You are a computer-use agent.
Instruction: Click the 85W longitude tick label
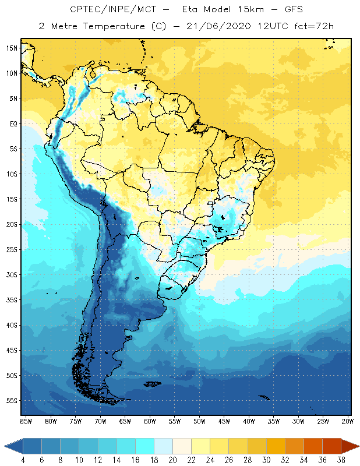(x=26, y=421)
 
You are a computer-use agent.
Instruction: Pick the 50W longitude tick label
(x=200, y=421)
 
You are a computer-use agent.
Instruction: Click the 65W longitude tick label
(x=125, y=421)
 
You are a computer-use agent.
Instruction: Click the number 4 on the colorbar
(x=23, y=459)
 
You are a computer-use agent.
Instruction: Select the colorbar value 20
(x=172, y=459)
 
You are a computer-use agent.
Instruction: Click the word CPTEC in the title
(x=84, y=10)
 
